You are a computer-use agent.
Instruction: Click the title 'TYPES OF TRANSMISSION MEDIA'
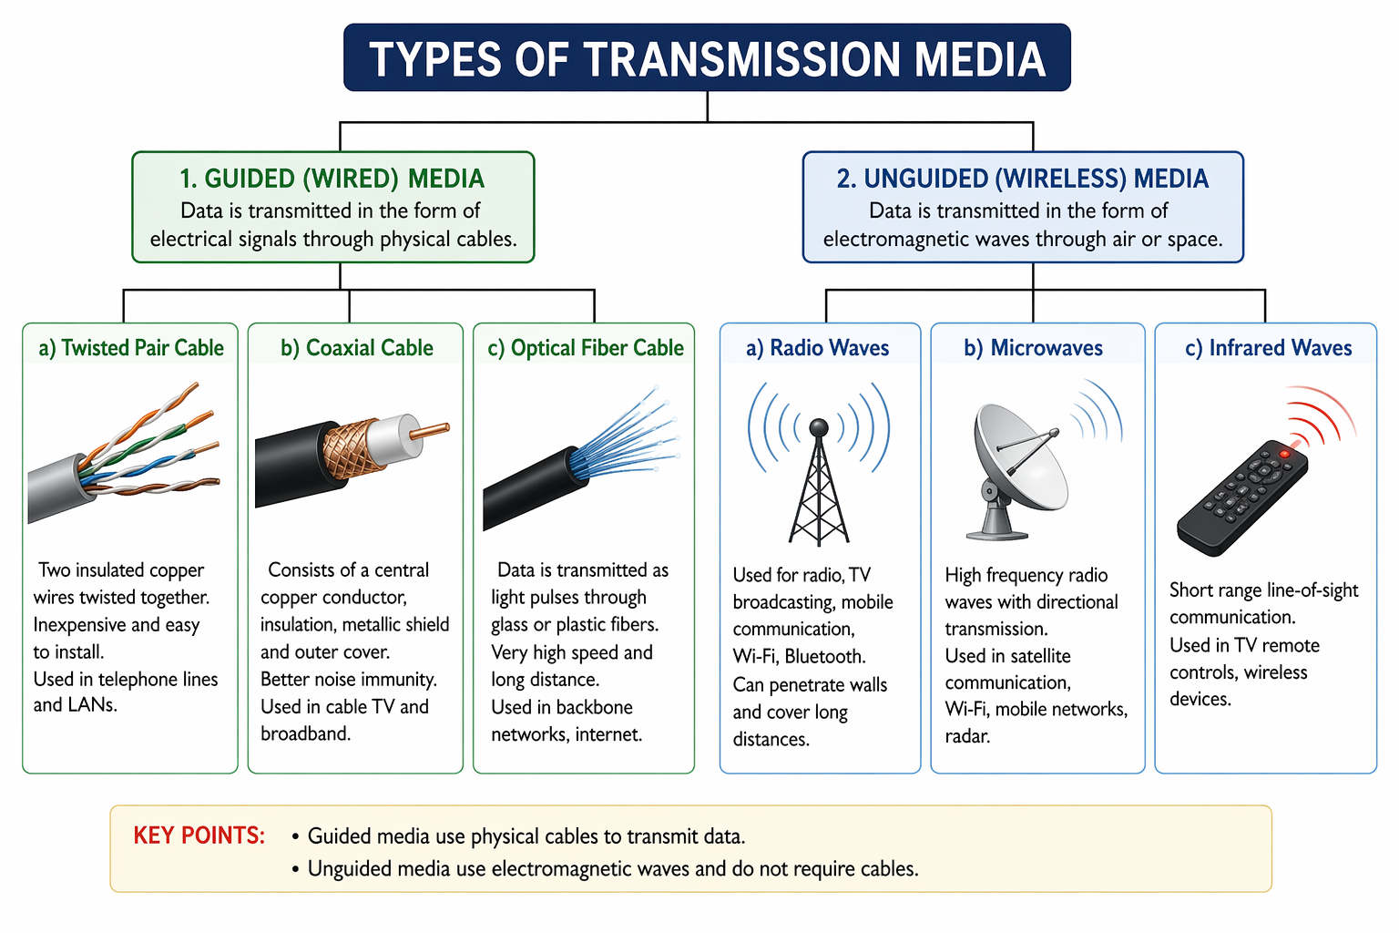click(707, 58)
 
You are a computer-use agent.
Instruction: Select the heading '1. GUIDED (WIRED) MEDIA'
click(332, 179)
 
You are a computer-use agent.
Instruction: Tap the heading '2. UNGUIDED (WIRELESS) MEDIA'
click(1023, 179)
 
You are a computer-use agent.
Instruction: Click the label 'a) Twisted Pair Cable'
click(131, 347)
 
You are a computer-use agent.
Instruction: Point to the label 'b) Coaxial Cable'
click(357, 347)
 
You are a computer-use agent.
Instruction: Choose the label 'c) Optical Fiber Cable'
click(586, 347)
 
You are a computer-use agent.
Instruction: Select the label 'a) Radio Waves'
click(818, 347)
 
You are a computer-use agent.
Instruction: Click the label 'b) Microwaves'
click(1034, 347)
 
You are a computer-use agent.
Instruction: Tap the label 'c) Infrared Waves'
click(1269, 347)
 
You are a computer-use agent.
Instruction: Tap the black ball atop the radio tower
click(818, 428)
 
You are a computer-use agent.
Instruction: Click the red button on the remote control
click(1284, 454)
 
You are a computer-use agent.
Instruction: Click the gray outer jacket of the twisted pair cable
click(56, 490)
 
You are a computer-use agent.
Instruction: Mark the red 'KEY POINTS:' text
click(199, 836)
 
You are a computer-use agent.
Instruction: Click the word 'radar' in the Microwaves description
click(966, 736)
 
